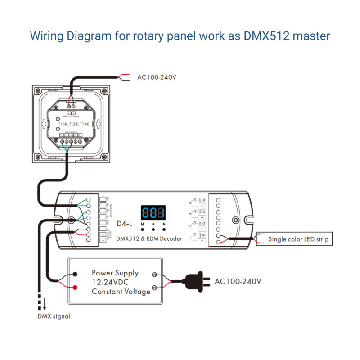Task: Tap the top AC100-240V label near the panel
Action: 156,77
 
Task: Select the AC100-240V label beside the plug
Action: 238,282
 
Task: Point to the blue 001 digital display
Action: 153,212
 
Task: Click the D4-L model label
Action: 124,224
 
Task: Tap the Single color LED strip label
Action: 298,239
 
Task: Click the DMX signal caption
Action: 54,316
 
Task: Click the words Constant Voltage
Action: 121,292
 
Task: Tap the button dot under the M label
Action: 143,229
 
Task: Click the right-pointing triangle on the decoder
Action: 164,224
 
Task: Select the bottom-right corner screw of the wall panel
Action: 105,157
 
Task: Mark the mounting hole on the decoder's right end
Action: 235,221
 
